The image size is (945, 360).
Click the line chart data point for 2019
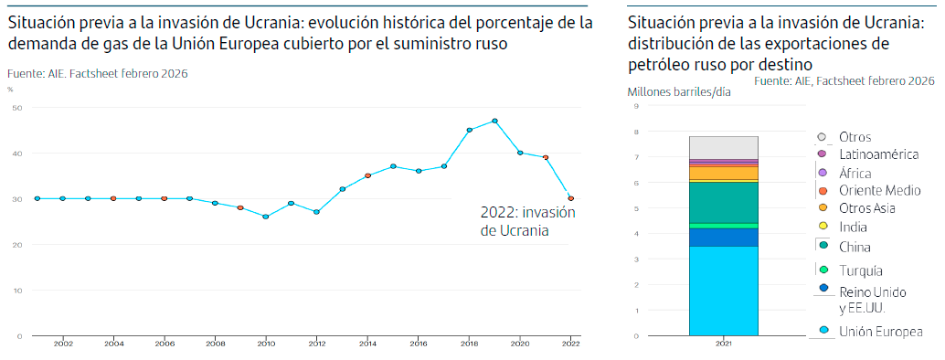tap(494, 121)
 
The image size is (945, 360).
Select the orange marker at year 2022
tap(571, 198)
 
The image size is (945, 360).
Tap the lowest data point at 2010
tap(265, 217)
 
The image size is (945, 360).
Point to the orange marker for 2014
tap(367, 175)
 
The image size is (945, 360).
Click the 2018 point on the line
tap(469, 130)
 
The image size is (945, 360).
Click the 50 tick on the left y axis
tap(17, 108)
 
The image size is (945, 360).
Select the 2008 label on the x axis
tap(215, 344)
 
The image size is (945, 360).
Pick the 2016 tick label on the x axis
tap(419, 344)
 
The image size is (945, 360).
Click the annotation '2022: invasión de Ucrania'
tap(527, 221)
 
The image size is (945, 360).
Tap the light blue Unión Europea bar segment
tap(723, 291)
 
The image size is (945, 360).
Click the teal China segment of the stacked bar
tap(723, 202)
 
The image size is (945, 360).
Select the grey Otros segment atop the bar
tap(723, 146)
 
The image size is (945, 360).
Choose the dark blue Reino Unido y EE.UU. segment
tap(723, 237)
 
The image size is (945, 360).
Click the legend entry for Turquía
tap(859, 270)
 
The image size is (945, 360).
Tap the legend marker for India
tap(822, 227)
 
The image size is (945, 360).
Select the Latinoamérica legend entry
tap(878, 154)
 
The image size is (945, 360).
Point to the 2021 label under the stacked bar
tap(723, 344)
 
